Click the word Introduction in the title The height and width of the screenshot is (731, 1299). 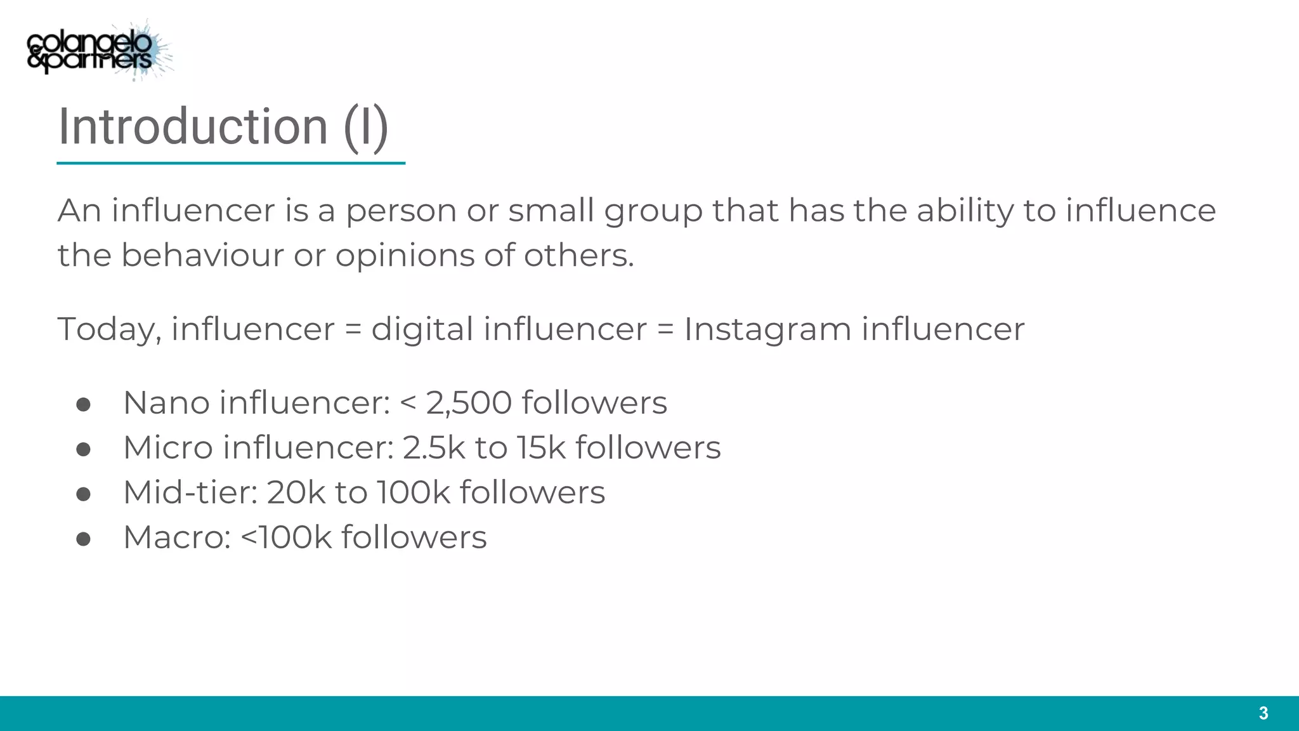192,126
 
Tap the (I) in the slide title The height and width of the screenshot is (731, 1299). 365,128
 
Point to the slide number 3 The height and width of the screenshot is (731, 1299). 1263,713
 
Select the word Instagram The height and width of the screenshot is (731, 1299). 767,330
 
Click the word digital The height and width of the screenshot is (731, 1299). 422,330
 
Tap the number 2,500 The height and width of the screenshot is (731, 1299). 469,403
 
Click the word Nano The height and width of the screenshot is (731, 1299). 166,403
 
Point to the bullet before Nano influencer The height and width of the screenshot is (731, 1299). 83,405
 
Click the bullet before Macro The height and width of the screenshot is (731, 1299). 83,539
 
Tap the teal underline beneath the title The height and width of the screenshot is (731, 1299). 230,163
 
